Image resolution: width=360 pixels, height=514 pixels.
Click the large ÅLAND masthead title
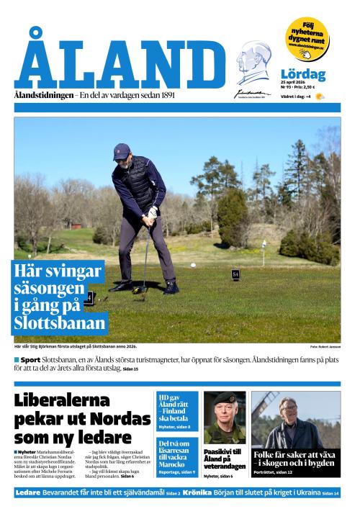pos(119,63)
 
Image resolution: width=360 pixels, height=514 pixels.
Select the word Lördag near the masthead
pos(302,74)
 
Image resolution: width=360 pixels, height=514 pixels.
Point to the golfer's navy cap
pos(122,150)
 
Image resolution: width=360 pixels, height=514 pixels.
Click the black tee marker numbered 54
pos(235,274)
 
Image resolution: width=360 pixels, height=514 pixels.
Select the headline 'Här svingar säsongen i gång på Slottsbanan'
pos(59,297)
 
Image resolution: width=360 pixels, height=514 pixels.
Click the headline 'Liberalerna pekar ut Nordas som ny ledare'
pos(73,418)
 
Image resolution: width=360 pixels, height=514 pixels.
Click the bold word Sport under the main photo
pos(30,359)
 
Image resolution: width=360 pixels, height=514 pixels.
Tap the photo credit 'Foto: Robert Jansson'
pos(325,347)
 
